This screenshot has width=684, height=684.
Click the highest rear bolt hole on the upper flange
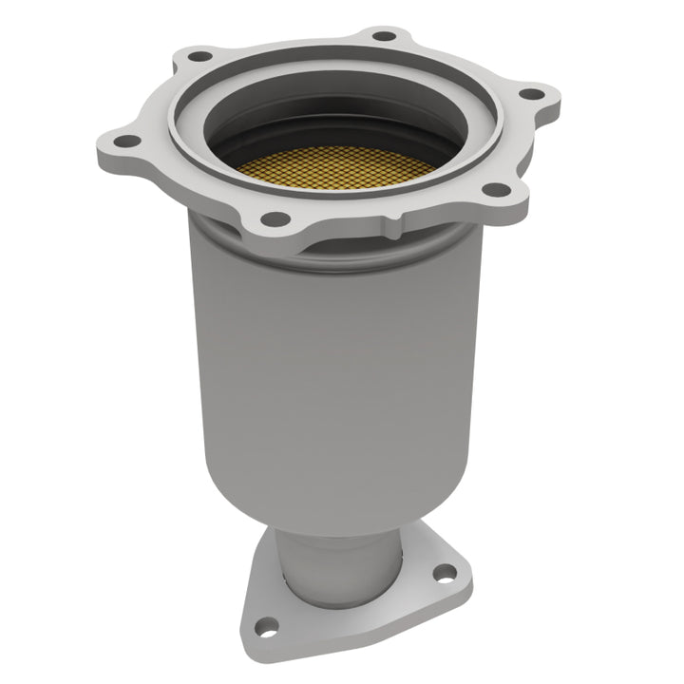click(383, 36)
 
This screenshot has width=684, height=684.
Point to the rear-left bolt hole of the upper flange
click(199, 56)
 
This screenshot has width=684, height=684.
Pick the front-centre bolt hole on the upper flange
click(275, 218)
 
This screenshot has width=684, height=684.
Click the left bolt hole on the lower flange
click(268, 627)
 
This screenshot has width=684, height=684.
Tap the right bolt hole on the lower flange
click(443, 572)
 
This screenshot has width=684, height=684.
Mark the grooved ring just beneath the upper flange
click(237, 237)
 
